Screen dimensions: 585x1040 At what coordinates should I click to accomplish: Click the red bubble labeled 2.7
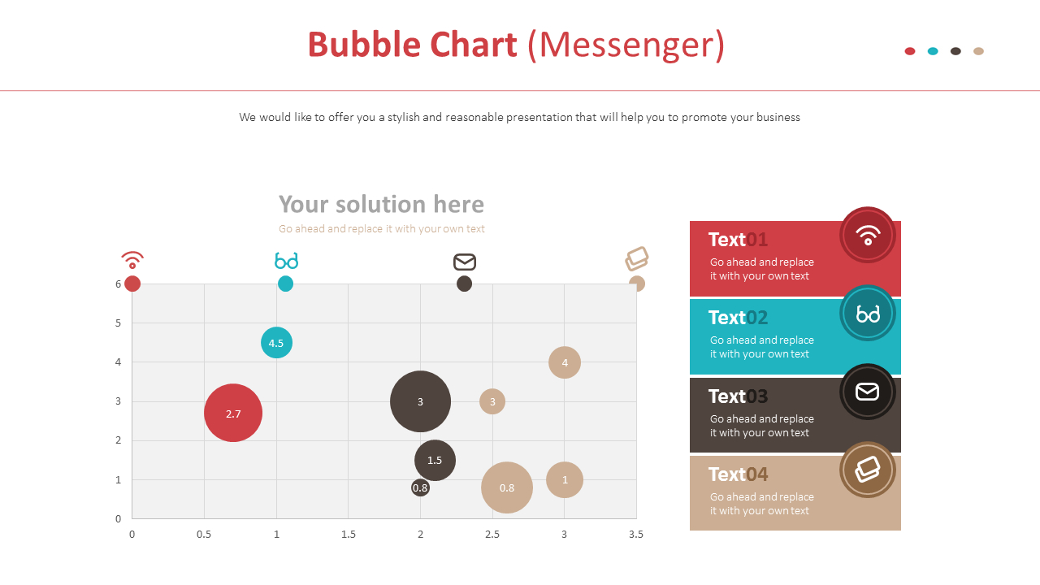(233, 413)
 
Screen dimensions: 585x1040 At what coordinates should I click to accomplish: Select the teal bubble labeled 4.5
(276, 343)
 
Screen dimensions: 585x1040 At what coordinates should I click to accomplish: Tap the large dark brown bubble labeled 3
(420, 401)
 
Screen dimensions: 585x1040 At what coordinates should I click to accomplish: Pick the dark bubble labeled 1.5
(435, 460)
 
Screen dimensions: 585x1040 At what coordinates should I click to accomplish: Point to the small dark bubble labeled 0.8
(420, 487)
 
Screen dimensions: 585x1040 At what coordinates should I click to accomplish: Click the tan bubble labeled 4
(565, 362)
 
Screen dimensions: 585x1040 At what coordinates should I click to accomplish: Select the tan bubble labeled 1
(565, 479)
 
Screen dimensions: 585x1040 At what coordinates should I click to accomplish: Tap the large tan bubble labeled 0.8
(507, 487)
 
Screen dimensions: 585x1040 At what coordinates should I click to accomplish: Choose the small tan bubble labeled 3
(492, 401)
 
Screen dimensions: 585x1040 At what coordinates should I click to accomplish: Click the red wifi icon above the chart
(132, 260)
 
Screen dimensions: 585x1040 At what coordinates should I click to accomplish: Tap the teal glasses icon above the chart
(286, 261)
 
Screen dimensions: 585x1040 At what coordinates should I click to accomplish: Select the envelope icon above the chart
(465, 262)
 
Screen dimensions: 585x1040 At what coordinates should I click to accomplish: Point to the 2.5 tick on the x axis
(492, 534)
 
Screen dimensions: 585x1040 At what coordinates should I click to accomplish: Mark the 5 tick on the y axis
(119, 323)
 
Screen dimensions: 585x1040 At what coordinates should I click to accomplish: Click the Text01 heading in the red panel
(738, 240)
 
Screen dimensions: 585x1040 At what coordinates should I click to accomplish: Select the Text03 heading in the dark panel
(738, 396)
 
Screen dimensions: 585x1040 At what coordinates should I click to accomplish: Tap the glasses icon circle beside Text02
(868, 314)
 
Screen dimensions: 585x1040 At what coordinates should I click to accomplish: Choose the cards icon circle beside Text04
(868, 470)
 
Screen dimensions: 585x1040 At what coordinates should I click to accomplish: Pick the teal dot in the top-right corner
(933, 51)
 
